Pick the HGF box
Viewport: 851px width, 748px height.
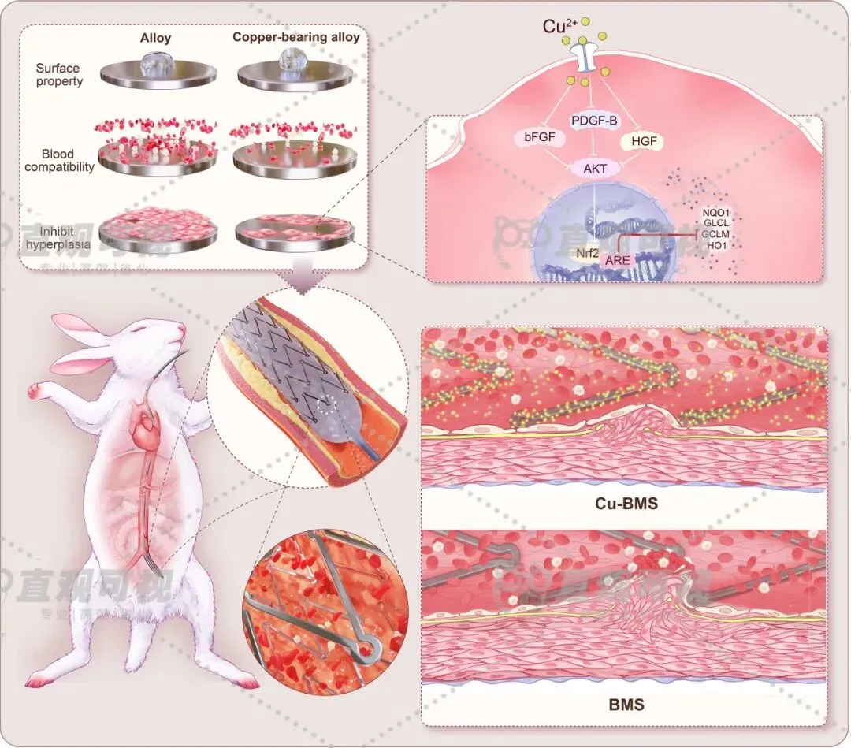[x=643, y=142]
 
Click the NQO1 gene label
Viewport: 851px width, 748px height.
[x=716, y=212]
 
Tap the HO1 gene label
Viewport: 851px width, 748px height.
[x=717, y=245]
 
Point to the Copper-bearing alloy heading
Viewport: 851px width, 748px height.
[x=295, y=37]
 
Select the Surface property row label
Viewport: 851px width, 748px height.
[x=58, y=76]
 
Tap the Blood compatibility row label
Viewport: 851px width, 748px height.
[x=59, y=161]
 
